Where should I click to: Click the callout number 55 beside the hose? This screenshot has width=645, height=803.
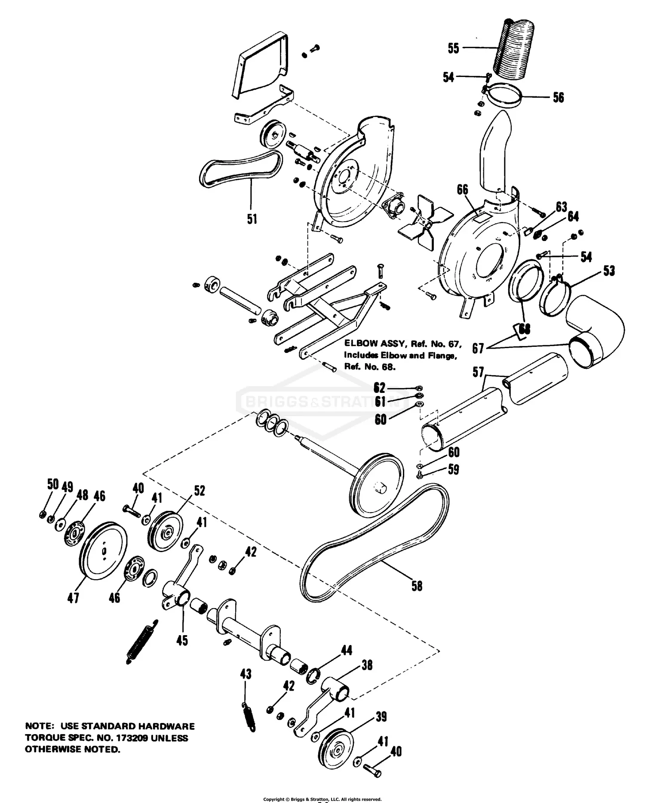[453, 48]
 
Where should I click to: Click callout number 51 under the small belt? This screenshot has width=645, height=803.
[252, 219]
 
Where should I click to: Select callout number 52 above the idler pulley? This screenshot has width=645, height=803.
[199, 491]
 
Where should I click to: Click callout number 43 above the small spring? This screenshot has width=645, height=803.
[245, 674]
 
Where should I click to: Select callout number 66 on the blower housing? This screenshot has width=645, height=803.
[462, 190]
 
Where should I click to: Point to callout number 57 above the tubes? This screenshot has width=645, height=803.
[478, 372]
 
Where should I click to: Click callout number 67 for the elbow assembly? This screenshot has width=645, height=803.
[478, 348]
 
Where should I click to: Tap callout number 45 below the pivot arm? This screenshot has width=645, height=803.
[182, 640]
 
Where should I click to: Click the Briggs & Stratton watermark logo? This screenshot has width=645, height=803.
[322, 402]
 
